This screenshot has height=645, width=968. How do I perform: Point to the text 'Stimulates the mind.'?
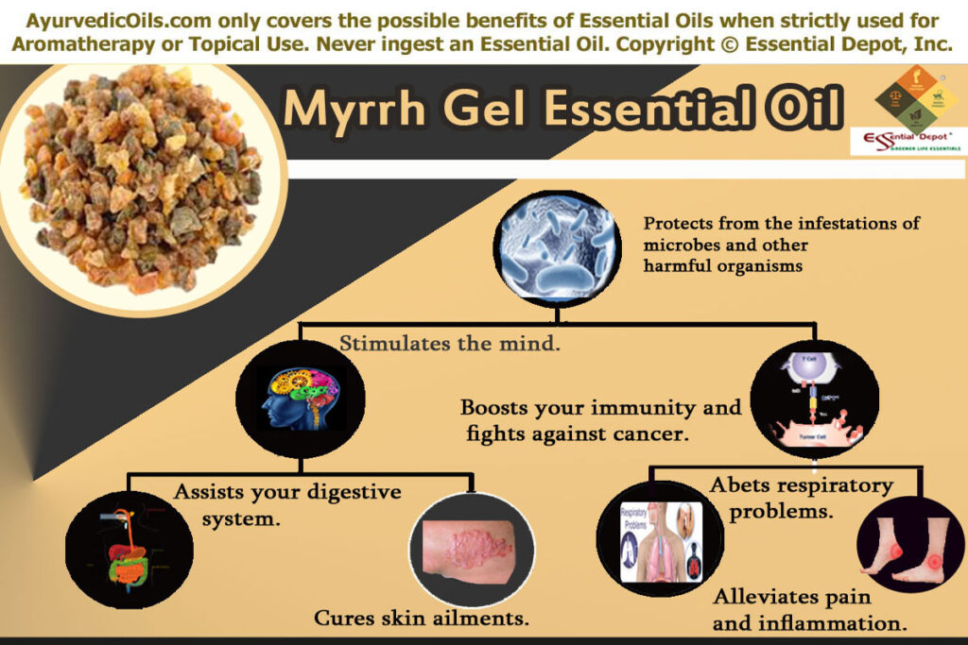click(451, 345)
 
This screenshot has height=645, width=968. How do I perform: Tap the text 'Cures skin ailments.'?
click(421, 619)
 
